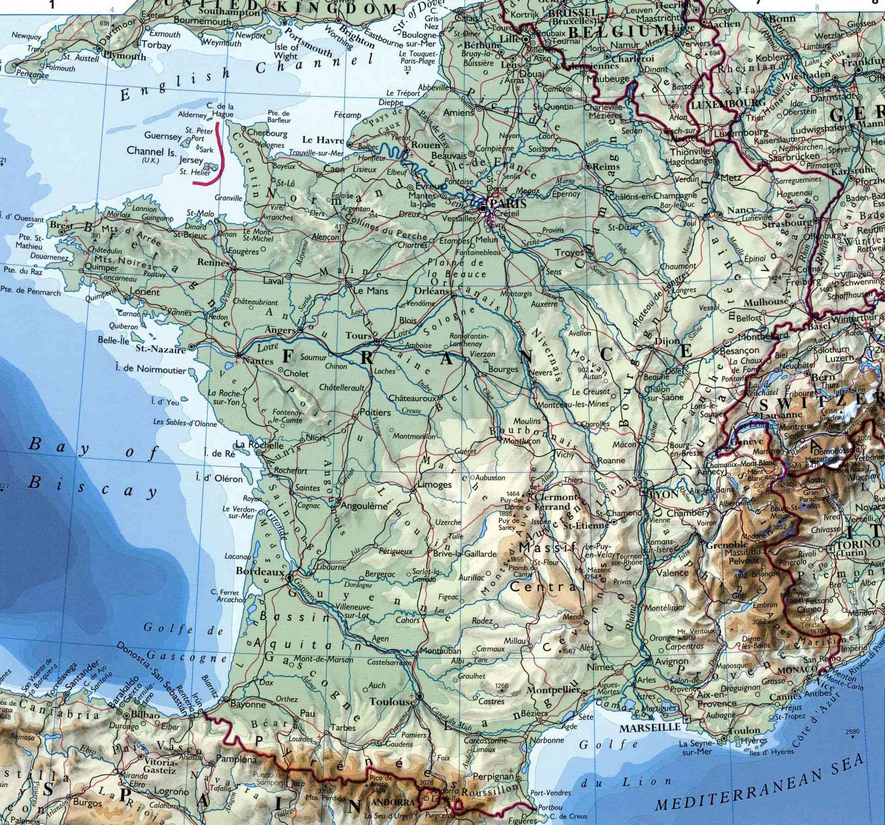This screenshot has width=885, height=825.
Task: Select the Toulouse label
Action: (x=391, y=702)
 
